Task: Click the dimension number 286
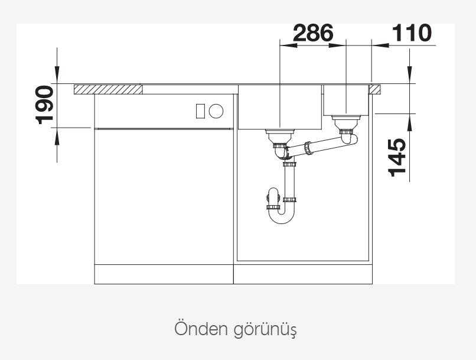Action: point(313,33)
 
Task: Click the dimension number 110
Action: point(412,33)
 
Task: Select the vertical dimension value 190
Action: point(45,105)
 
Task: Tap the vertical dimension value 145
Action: point(397,157)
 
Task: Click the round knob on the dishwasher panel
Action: point(216,111)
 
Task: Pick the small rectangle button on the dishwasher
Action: point(200,111)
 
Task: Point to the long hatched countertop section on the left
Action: point(109,90)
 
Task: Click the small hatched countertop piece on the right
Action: point(374,90)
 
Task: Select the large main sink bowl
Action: point(279,107)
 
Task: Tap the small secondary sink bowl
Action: point(347,100)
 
